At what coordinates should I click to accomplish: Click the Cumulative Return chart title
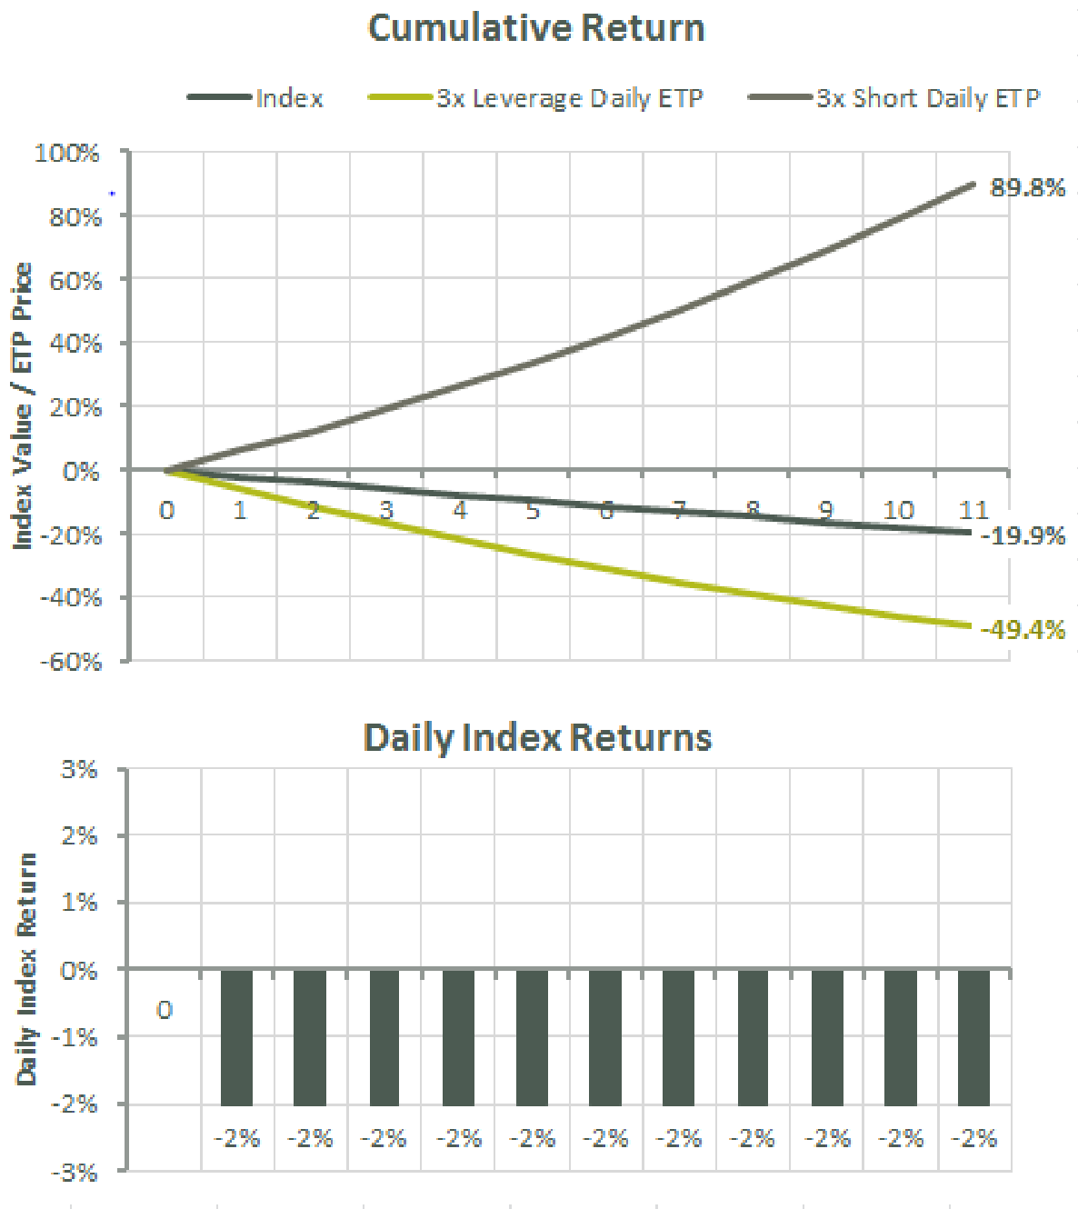coord(536,28)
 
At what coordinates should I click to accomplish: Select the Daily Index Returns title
coord(537,737)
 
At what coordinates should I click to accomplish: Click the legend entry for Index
coord(289,98)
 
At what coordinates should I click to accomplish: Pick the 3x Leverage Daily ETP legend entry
coord(569,98)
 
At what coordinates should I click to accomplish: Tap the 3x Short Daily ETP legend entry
coord(927,98)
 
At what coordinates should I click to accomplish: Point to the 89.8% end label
coord(1027,188)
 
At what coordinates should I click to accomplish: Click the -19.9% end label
coord(1023,535)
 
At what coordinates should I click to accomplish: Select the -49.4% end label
coord(1023,630)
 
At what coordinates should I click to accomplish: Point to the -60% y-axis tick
coord(70,661)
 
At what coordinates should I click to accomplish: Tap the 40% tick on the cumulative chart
coord(75,344)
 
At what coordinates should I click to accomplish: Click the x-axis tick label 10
coord(899,510)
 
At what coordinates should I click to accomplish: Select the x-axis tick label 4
coord(460,510)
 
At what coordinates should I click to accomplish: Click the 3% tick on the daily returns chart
coord(79,770)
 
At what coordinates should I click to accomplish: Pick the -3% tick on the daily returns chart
coord(75,1173)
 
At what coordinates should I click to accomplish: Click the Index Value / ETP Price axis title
coord(23,405)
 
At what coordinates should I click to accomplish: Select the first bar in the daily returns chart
coord(236,1037)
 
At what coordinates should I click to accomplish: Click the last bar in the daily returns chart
coord(973,1037)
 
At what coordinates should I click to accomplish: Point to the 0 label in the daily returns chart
coord(165,1010)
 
